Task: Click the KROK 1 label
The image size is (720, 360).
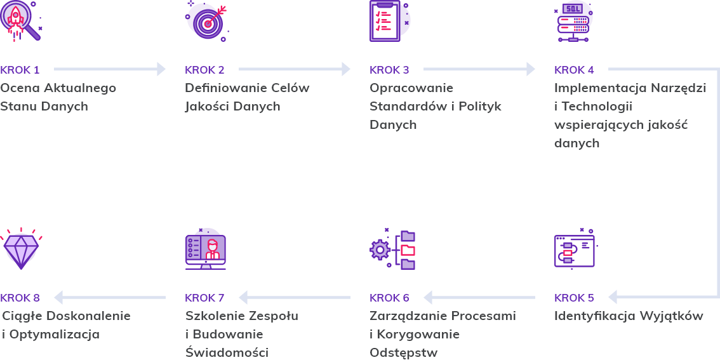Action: tap(20, 70)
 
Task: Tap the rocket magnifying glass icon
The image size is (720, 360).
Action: tap(19, 20)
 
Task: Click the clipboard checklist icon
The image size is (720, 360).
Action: tap(386, 21)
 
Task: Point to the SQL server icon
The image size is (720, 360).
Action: tap(573, 21)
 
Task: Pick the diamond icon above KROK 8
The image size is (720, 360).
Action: tap(20, 249)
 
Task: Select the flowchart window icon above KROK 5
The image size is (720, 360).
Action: tap(575, 250)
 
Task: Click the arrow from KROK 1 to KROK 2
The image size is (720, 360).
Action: tap(109, 69)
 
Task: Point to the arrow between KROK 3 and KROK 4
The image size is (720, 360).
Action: tap(479, 69)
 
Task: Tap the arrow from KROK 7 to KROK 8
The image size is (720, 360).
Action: tap(109, 297)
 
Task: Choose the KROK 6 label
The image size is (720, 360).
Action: tap(389, 298)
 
